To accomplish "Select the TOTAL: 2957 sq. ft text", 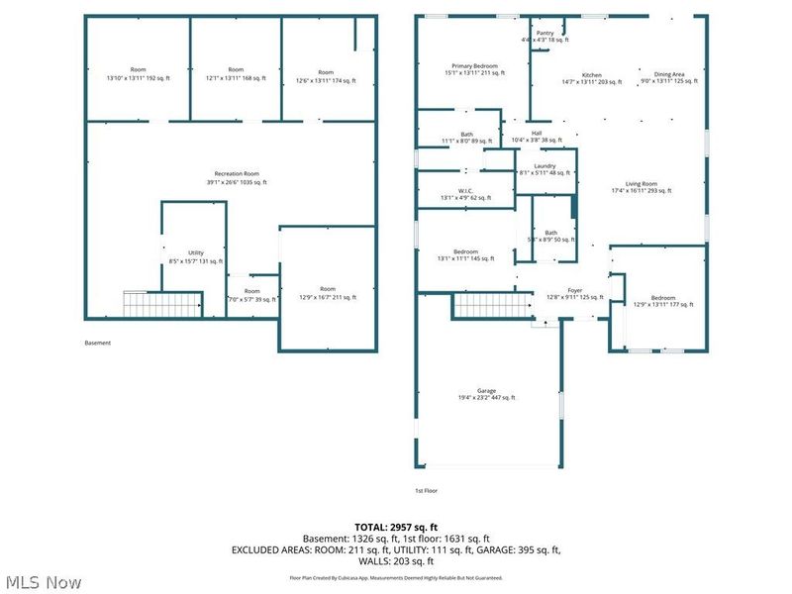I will tap(395, 527).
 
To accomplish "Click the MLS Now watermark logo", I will tap(43, 581).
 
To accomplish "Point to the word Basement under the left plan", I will tap(97, 344).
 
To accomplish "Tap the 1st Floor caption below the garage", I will tap(426, 490).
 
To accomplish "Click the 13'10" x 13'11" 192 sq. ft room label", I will tap(138, 74).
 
